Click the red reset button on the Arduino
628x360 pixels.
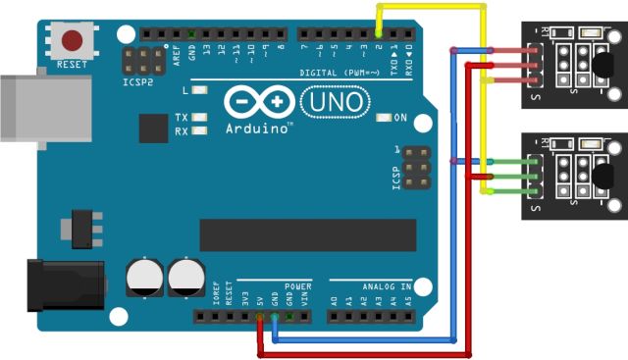point(72,41)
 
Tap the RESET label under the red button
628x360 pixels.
point(72,65)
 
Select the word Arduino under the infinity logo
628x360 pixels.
point(257,128)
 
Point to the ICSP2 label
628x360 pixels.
point(138,81)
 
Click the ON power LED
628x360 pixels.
point(383,118)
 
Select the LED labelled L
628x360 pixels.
point(201,91)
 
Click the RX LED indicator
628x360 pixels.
point(201,130)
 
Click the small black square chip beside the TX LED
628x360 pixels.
point(154,128)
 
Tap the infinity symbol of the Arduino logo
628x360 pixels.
point(258,101)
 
